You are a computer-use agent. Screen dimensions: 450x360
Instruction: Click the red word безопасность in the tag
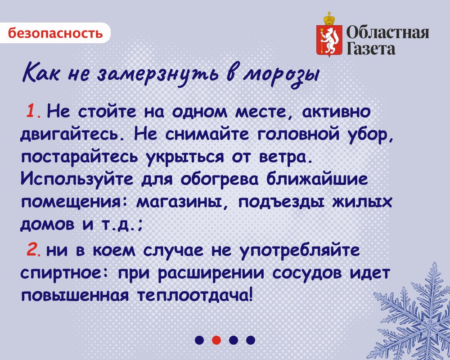click(55, 33)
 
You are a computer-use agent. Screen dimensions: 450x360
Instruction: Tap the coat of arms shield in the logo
click(329, 40)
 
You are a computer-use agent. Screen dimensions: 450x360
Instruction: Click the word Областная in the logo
click(388, 33)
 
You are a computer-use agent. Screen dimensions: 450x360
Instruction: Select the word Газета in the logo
click(371, 48)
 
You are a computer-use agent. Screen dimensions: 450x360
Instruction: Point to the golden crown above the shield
click(329, 18)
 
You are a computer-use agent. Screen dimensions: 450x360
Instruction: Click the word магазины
click(182, 202)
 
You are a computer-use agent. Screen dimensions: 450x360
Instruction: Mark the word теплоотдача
click(193, 295)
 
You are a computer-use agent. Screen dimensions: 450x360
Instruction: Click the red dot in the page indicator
click(216, 340)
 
